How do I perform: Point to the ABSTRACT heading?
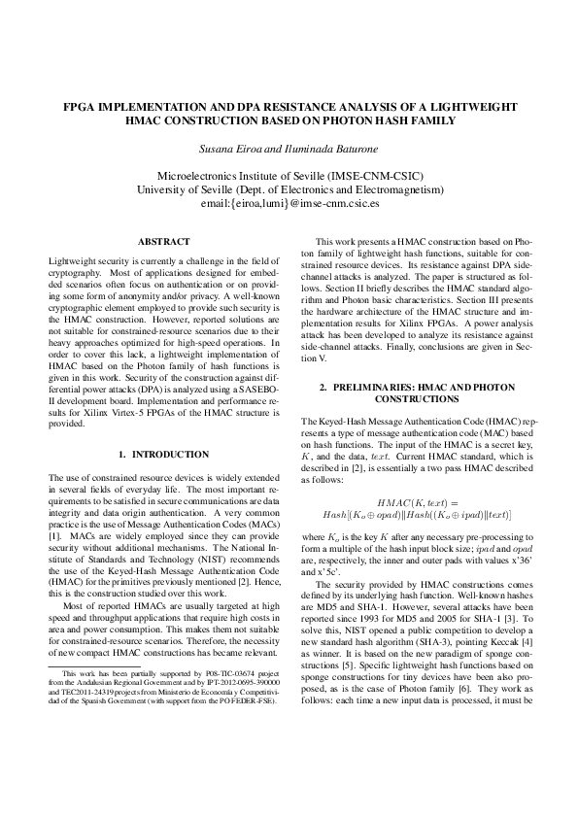click(x=163, y=241)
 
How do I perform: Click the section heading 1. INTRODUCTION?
click(x=163, y=454)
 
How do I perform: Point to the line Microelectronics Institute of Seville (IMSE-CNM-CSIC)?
click(x=289, y=176)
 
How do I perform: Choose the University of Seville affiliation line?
click(x=289, y=190)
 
